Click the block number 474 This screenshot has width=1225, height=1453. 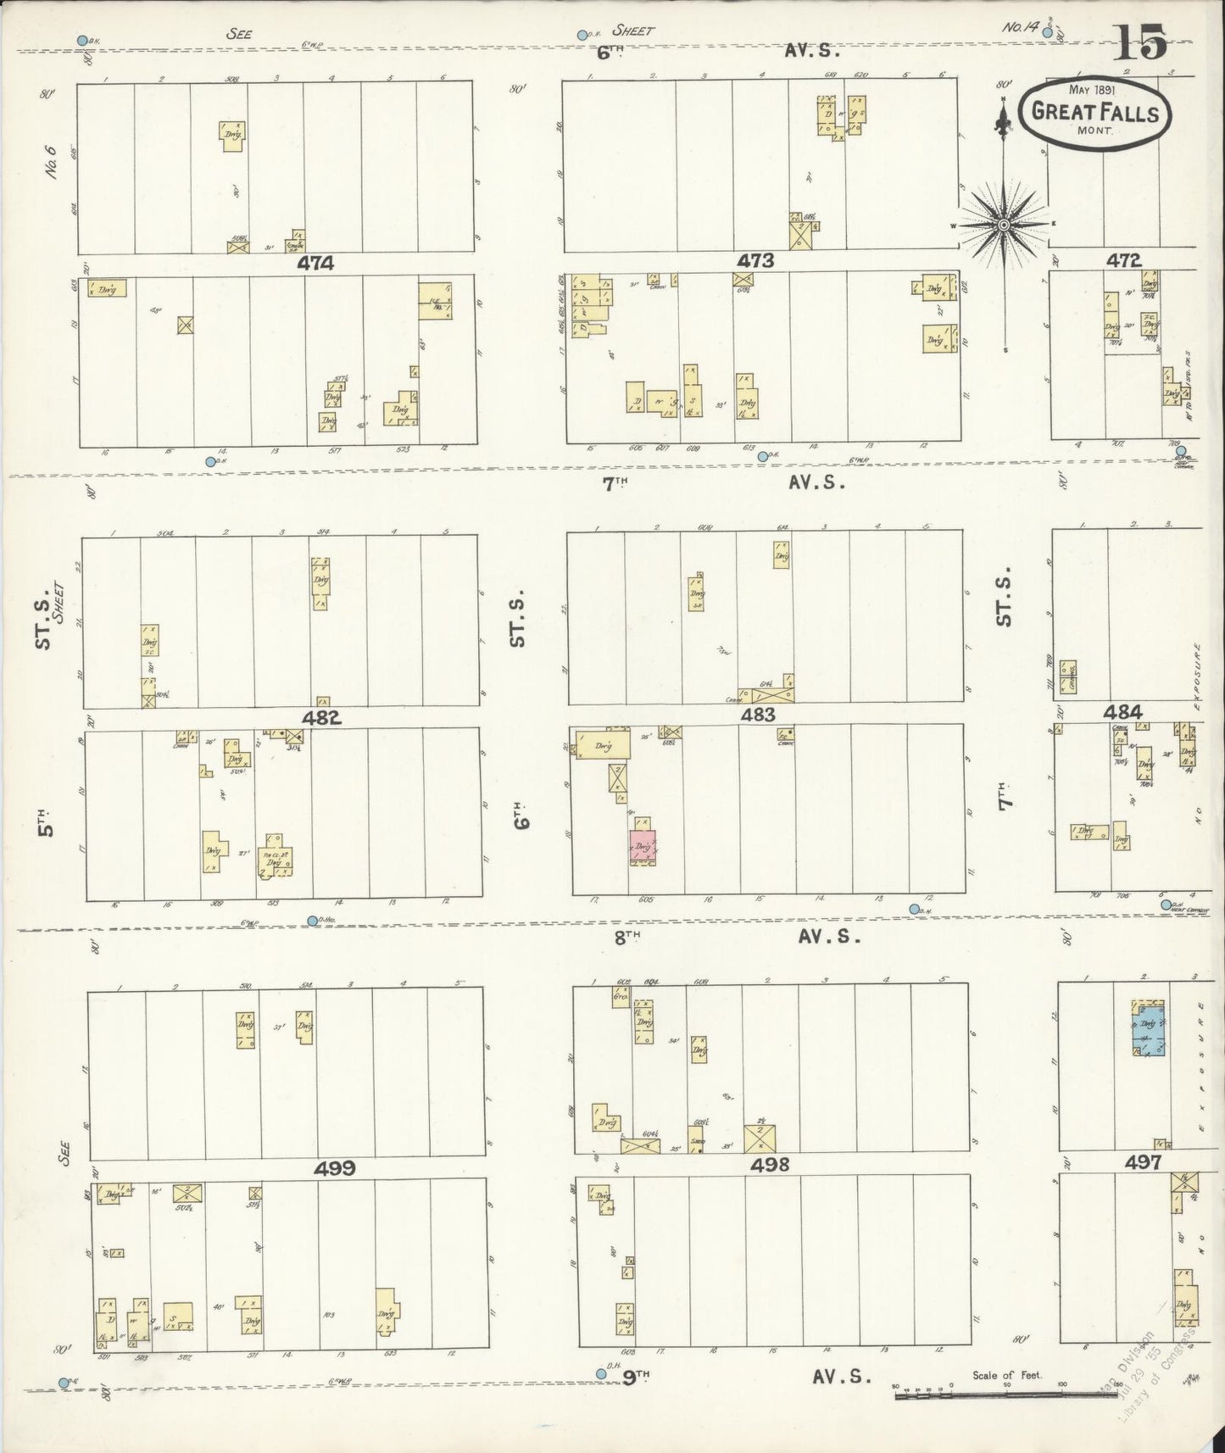pos(315,264)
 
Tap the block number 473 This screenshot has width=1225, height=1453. pos(755,261)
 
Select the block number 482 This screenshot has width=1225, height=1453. pos(322,717)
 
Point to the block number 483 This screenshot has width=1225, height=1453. pos(757,715)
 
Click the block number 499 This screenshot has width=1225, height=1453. pos(335,1169)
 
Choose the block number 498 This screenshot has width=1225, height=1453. pos(770,1165)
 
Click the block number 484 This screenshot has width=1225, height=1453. pos(1122,712)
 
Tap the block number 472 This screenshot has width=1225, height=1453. pos(1123,260)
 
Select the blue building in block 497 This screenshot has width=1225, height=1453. pos(1150,1031)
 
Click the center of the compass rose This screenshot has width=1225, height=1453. pos(1004,225)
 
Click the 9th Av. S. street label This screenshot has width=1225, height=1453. pos(746,1378)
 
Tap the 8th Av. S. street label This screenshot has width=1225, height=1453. pos(737,936)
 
